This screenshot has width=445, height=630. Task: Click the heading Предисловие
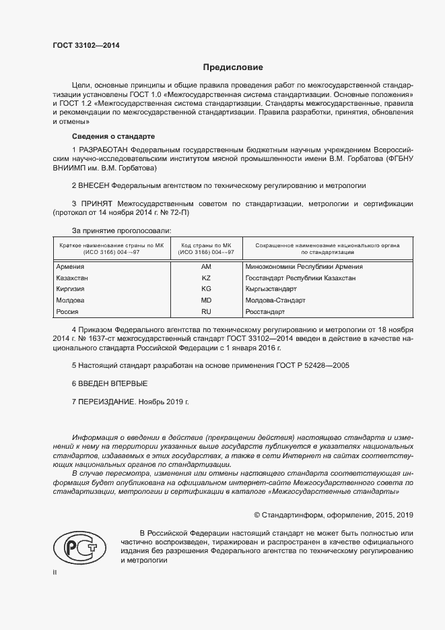(x=233, y=67)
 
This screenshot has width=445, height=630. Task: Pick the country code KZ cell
(x=206, y=278)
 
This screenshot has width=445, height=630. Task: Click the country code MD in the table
(x=206, y=300)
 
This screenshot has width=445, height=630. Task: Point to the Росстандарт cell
(x=265, y=311)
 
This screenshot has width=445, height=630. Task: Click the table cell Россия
(x=68, y=311)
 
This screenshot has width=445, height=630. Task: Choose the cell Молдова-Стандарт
(x=276, y=300)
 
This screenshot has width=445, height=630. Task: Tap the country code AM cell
(x=206, y=267)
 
